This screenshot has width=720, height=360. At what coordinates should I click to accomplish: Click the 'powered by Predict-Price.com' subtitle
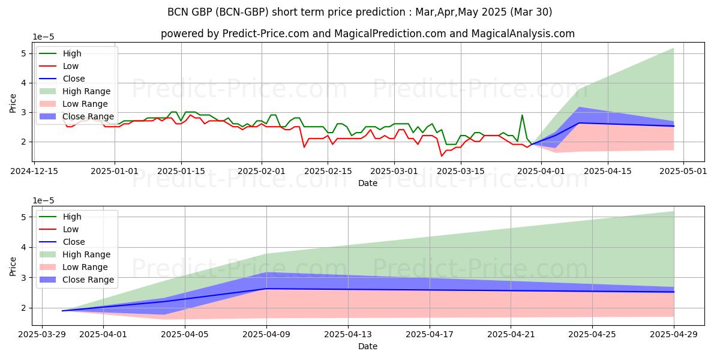(x=367, y=34)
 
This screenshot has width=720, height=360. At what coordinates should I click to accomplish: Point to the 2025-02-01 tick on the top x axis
(x=261, y=171)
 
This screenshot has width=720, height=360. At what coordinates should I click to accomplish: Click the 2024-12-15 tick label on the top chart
(x=34, y=171)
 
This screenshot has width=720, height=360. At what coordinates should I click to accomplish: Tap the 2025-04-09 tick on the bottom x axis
(x=266, y=334)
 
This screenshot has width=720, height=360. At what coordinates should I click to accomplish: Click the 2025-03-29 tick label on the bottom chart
(x=42, y=334)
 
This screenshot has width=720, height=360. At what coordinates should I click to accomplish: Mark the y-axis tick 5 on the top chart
(x=23, y=53)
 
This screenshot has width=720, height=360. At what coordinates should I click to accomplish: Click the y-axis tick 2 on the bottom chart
(x=23, y=308)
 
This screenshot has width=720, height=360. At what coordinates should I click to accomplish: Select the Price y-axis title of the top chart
(x=13, y=103)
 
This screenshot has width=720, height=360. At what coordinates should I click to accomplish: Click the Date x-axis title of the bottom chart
(x=367, y=346)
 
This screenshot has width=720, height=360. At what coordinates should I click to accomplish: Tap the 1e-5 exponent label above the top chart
(x=43, y=37)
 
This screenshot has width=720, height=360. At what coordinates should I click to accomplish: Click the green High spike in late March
(x=522, y=115)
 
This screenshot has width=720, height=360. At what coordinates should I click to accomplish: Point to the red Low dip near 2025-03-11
(x=442, y=156)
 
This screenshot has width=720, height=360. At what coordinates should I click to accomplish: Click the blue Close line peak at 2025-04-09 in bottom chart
(x=266, y=289)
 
